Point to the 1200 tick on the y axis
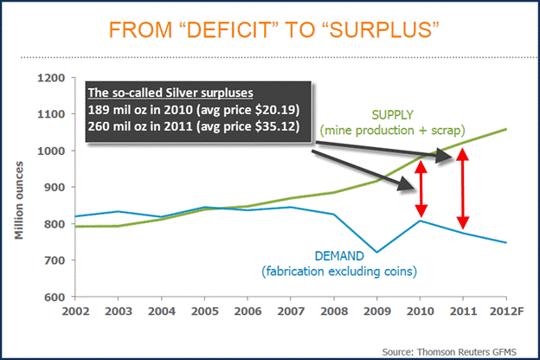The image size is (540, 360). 52,78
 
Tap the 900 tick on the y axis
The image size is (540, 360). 55,187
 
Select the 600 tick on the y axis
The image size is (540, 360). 55,297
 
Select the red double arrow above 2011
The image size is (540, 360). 462,193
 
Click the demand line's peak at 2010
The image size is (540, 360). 420,221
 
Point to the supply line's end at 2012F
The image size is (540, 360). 505,129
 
